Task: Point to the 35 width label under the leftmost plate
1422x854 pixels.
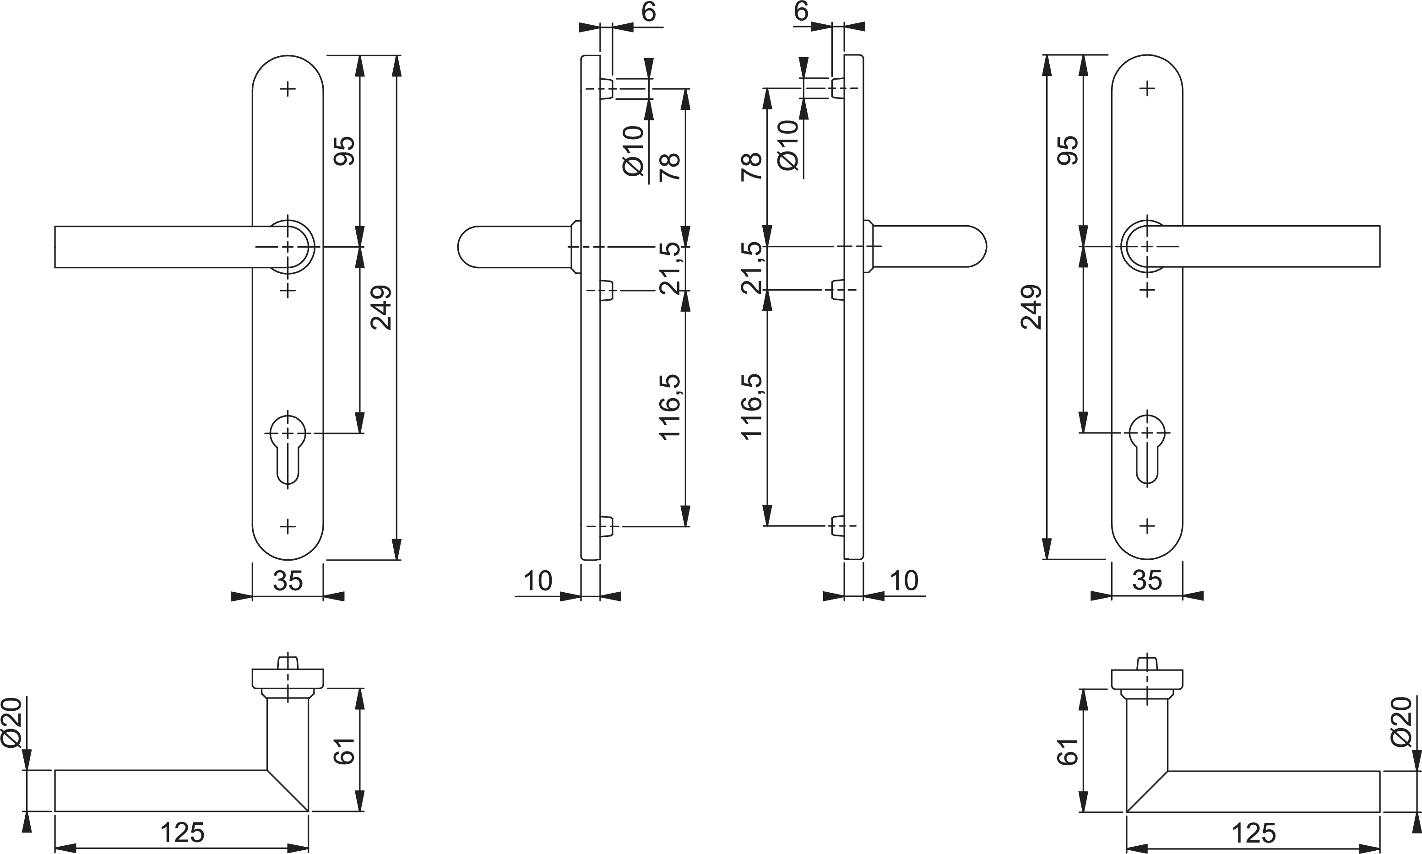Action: pos(288,581)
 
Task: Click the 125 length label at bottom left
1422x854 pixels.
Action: pos(182,832)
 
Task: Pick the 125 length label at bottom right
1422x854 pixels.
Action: pos(1254,832)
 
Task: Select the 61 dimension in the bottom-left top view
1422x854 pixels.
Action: pos(345,751)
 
